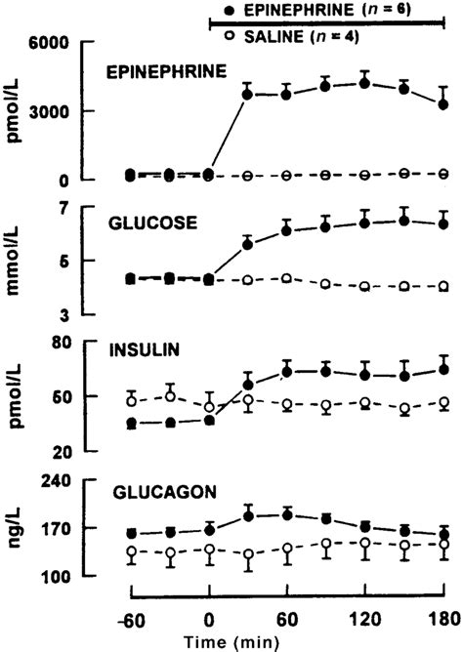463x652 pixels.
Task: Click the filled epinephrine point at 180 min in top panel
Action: [x=443, y=104]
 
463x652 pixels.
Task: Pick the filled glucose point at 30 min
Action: [x=248, y=244]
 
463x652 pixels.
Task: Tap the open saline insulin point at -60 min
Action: [x=131, y=401]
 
